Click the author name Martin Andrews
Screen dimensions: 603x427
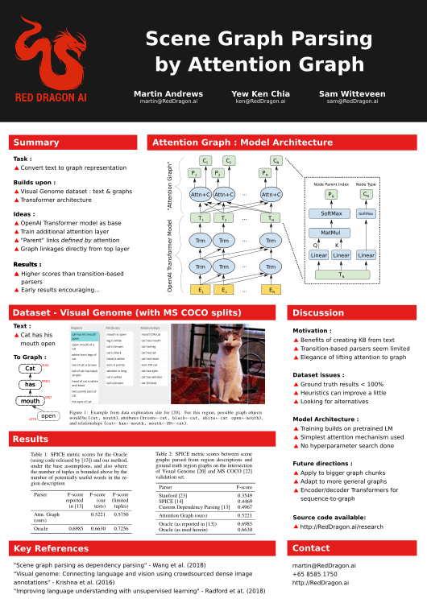click(168, 94)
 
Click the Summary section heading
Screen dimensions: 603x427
click(36, 142)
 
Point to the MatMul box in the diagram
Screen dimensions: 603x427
click(330, 233)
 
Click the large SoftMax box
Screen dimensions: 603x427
click(330, 213)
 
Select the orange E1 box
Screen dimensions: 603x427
click(200, 290)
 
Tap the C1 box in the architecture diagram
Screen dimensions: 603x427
click(205, 161)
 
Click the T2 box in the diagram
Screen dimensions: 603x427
click(223, 218)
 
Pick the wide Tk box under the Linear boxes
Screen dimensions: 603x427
click(342, 275)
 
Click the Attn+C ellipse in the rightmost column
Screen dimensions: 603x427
click(272, 194)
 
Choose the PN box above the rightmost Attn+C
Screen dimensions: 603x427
click(265, 173)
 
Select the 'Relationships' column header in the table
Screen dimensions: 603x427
click(150, 328)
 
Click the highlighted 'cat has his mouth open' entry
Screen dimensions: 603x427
click(85, 336)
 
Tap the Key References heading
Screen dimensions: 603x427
click(51, 548)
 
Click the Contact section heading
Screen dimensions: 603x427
click(311, 548)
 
